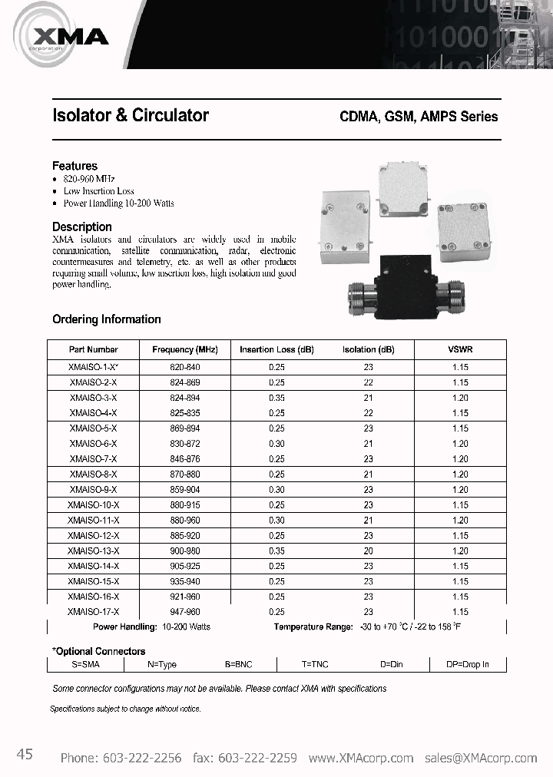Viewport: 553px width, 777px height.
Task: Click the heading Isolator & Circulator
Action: [130, 115]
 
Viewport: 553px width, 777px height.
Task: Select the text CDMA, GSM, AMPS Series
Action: [419, 117]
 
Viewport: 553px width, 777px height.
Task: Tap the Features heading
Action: [75, 166]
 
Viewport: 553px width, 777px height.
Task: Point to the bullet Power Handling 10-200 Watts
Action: [118, 203]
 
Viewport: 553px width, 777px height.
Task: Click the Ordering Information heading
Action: [106, 319]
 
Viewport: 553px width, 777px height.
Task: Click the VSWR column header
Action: [460, 349]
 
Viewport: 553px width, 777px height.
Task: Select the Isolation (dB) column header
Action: [368, 349]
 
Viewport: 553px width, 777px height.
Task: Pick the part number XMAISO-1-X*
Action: [93, 368]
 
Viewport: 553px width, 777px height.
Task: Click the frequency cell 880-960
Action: [184, 520]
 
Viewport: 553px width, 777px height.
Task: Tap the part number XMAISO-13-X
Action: [93, 551]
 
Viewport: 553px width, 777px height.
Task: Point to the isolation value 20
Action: [369, 551]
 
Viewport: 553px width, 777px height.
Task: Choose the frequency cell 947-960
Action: [184, 612]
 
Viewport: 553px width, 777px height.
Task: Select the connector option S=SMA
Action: [85, 664]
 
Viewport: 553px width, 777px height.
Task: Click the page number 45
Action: [25, 756]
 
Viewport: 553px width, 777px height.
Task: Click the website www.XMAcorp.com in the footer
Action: [362, 758]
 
